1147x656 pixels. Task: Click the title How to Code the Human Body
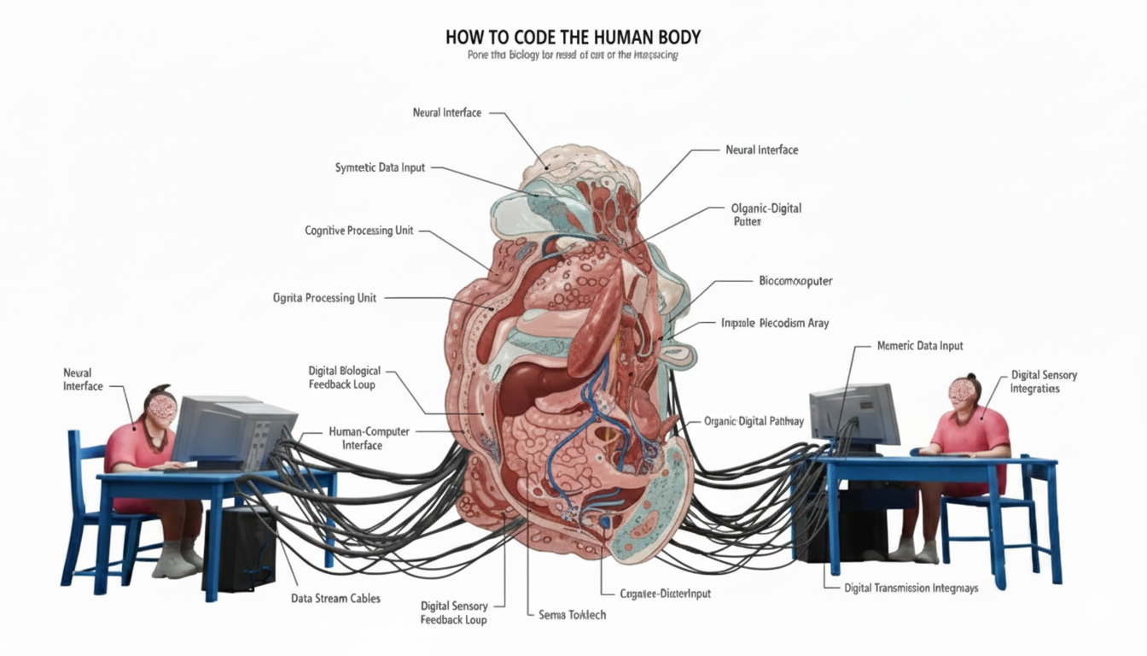573,38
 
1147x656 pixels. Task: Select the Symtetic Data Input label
380,168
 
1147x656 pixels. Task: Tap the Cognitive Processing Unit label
359,231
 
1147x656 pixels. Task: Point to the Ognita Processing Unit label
324,298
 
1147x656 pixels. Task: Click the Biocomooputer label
795,281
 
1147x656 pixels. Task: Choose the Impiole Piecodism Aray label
774,324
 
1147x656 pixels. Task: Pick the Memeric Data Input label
920,346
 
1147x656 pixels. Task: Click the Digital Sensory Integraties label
1043,382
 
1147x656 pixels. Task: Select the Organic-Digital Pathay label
754,421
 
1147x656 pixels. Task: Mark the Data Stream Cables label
336,598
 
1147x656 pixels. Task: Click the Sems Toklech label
572,615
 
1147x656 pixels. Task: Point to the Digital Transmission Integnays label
911,588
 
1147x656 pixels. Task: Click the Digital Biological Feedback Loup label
345,378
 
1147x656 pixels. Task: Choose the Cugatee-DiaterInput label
666,593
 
